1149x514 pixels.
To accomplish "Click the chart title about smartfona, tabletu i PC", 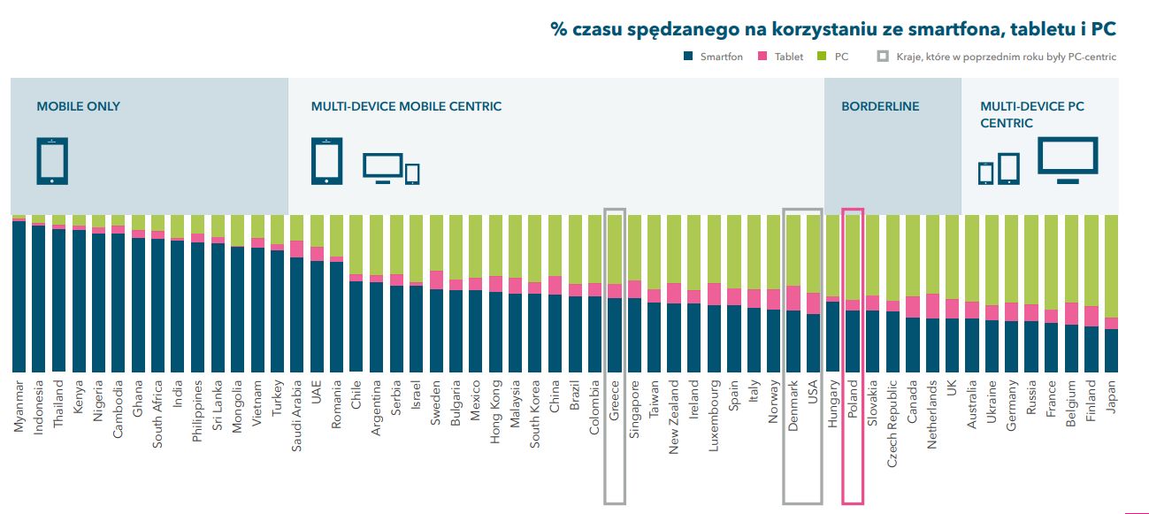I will (832, 29).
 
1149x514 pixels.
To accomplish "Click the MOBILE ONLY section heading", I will (78, 106).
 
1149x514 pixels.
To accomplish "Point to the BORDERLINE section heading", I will (880, 106).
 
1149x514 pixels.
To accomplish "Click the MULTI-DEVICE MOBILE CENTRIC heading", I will (406, 106).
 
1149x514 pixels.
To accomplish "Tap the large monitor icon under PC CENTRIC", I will (1068, 159).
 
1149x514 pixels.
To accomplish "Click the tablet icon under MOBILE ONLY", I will (52, 161).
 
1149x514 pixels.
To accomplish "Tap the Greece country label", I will (614, 401).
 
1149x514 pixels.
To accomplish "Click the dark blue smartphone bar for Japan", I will (1111, 350).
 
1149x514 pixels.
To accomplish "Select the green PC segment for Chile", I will (356, 244).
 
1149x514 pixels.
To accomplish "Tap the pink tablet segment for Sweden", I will (436, 280).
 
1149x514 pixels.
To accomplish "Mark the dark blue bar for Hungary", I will (832, 337).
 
